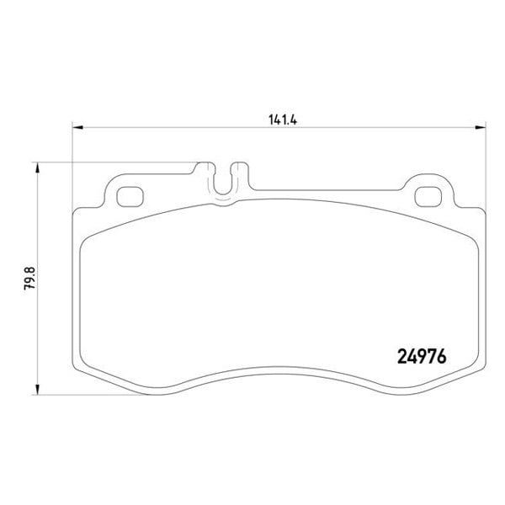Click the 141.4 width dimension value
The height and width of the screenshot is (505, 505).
[x=283, y=120]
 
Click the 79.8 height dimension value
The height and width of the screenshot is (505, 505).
[x=30, y=279]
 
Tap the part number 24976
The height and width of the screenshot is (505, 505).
[x=422, y=357]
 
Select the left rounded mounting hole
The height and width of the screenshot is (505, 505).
[x=130, y=197]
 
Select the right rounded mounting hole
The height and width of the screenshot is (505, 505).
[x=428, y=197]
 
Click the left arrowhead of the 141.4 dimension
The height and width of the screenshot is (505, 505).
[x=77, y=128]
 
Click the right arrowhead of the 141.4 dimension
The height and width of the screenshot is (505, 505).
[x=481, y=128]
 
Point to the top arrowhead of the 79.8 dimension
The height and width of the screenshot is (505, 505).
[x=37, y=167]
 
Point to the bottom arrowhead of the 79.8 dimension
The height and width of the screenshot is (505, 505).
[x=37, y=389]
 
